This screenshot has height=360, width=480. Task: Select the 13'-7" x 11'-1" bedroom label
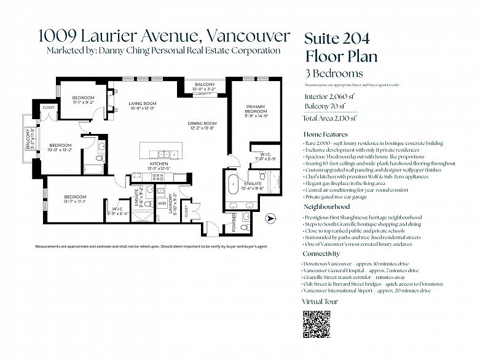point(74,198)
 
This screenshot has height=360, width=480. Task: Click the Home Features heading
point(325,134)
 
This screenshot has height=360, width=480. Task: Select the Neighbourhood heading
point(327,207)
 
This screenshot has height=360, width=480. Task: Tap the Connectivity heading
point(321,254)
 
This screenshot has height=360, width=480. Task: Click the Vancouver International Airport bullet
point(366,291)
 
